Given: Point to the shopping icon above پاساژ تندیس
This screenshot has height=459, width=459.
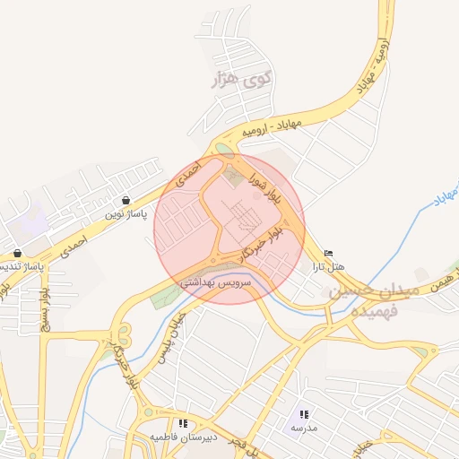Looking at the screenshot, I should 17,253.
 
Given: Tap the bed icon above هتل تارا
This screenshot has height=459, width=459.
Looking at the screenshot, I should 328,253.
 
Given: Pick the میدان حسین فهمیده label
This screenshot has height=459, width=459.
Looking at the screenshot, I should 369,301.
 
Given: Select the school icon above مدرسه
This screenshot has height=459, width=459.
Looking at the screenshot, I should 304,414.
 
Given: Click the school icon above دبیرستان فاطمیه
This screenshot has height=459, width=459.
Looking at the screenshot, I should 183,422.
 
